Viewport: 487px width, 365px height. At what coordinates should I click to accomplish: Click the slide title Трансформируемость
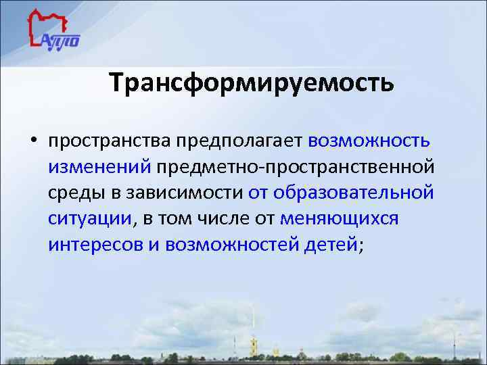tap(251, 83)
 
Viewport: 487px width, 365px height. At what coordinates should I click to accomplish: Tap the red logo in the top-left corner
tap(54, 31)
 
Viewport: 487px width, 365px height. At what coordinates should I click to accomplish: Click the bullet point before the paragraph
tap(32, 143)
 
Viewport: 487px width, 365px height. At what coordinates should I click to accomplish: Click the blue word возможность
tap(369, 141)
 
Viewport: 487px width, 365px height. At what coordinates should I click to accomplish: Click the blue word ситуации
tap(90, 219)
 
